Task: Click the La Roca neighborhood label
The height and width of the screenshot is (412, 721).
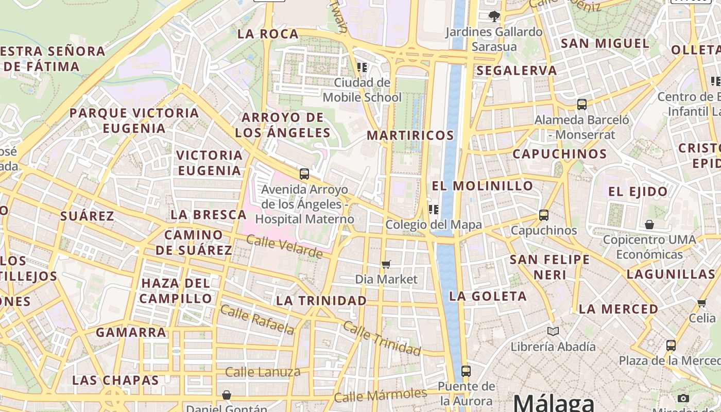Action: pyautogui.click(x=268, y=34)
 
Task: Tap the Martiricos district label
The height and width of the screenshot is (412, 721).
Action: pyautogui.click(x=410, y=135)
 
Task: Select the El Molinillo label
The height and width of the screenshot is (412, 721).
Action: pyautogui.click(x=483, y=186)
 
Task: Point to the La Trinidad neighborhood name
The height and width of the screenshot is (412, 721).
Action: pyautogui.click(x=322, y=300)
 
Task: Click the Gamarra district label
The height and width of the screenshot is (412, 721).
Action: pyautogui.click(x=131, y=332)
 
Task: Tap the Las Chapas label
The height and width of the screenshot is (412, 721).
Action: pyautogui.click(x=115, y=381)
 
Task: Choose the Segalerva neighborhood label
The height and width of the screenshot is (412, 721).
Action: pyautogui.click(x=517, y=71)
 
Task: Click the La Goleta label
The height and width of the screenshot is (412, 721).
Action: pyautogui.click(x=488, y=296)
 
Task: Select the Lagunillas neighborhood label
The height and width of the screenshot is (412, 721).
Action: pyautogui.click(x=671, y=274)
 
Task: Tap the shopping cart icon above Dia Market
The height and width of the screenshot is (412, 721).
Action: pyautogui.click(x=386, y=264)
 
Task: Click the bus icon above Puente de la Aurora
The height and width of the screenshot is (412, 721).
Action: pyautogui.click(x=466, y=371)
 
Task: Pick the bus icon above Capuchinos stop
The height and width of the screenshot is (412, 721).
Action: pyautogui.click(x=544, y=215)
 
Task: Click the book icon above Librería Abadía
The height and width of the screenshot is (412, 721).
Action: pyautogui.click(x=553, y=331)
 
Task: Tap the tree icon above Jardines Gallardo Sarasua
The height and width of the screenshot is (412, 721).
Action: pyautogui.click(x=494, y=16)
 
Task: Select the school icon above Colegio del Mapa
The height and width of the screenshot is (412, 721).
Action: pyautogui.click(x=433, y=209)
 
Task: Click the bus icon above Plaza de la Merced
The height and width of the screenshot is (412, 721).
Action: pyautogui.click(x=671, y=345)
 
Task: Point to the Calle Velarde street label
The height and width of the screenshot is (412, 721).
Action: pyautogui.click(x=284, y=246)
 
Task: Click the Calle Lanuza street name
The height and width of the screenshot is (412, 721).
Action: pyautogui.click(x=263, y=372)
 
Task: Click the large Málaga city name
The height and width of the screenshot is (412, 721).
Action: pyautogui.click(x=554, y=402)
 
